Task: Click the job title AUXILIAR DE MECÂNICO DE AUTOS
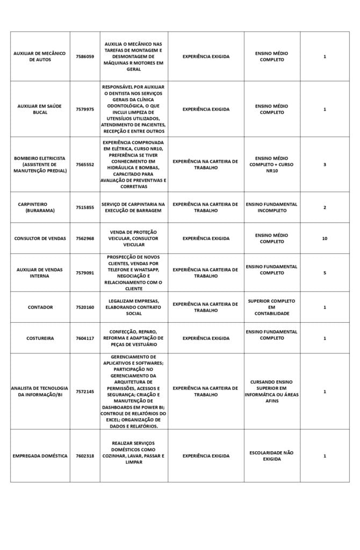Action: [x=40, y=56]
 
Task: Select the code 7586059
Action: [x=85, y=56]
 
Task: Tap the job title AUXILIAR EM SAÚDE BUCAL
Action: [x=40, y=109]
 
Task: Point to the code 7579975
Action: [x=85, y=109]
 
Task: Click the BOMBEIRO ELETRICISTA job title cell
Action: [x=40, y=164]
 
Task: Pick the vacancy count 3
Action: [x=325, y=164]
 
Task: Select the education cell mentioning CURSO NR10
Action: [x=272, y=164]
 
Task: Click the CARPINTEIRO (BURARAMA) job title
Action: [x=40, y=207]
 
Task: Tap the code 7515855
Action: [x=85, y=207]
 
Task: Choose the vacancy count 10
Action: [x=325, y=238]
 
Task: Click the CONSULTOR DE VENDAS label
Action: [x=40, y=238]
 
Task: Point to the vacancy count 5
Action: [x=325, y=273]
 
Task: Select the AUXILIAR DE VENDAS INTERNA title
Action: [x=40, y=273]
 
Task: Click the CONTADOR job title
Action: [x=40, y=307]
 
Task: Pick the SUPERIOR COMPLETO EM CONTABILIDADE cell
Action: [x=272, y=307]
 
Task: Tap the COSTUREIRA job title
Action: [x=40, y=338]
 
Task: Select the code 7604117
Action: [x=85, y=338]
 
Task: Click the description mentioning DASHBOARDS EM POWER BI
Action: [x=134, y=392]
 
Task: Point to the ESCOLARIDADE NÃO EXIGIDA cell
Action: [x=272, y=456]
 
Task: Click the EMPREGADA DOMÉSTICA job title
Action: [x=40, y=456]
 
